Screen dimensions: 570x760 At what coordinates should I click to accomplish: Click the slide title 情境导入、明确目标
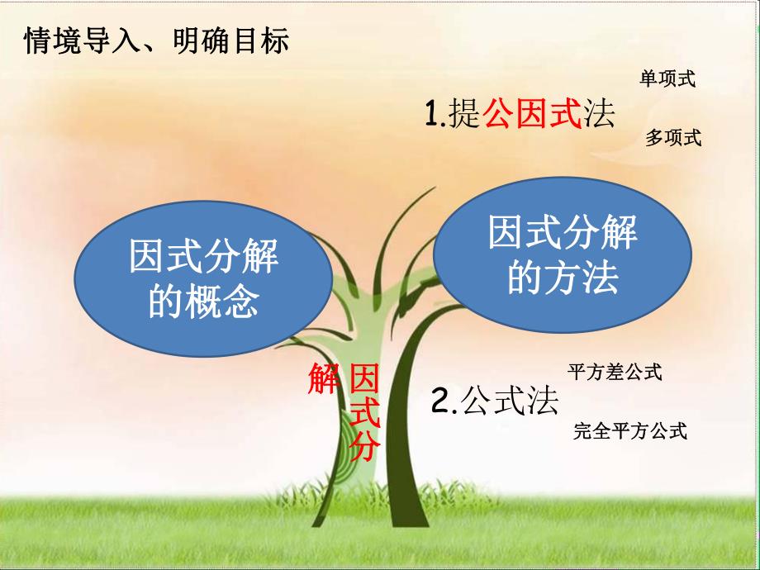point(157,40)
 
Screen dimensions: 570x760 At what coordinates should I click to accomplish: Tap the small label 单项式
point(667,79)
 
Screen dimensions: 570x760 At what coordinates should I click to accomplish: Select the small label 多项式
point(672,138)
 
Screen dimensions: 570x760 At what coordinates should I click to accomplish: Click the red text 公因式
point(532,114)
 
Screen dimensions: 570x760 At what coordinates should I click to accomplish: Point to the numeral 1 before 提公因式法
point(431,114)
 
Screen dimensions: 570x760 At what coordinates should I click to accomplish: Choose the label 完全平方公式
point(630,431)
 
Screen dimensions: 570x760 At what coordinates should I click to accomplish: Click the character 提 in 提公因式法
point(464,114)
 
